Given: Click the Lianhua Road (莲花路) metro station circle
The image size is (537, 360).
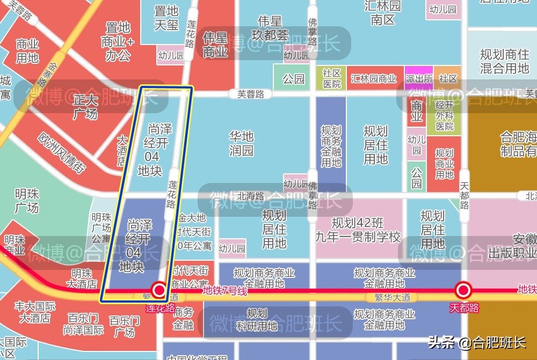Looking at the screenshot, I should pyautogui.click(x=159, y=291).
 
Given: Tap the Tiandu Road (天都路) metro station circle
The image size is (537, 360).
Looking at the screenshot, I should pyautogui.click(x=463, y=291).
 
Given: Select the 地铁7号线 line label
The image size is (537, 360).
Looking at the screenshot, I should pyautogui.click(x=224, y=291).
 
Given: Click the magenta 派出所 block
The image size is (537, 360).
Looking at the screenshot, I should pyautogui.click(x=419, y=78).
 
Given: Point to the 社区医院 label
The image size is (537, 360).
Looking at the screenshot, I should pyautogui.click(x=332, y=78).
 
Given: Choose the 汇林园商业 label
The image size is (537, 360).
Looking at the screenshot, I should pyautogui.click(x=374, y=79).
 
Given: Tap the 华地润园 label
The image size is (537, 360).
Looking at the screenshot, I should pyautogui.click(x=241, y=143).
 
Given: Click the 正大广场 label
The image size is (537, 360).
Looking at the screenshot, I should pyautogui.click(x=85, y=107).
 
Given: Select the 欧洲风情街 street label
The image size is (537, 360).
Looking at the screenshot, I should pyautogui.click(x=62, y=152).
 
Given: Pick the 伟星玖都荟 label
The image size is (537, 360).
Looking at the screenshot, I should pyautogui.click(x=270, y=28).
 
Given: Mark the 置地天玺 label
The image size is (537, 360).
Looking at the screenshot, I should pyautogui.click(x=166, y=18).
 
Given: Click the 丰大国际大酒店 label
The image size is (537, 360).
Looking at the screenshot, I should pyautogui.click(x=35, y=312).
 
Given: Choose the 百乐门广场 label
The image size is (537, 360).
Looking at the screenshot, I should pyautogui.click(x=125, y=326).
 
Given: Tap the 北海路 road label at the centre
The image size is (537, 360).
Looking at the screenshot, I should pyautogui.click(x=251, y=196).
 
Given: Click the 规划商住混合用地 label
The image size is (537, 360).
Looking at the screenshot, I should pyautogui.click(x=504, y=61).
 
